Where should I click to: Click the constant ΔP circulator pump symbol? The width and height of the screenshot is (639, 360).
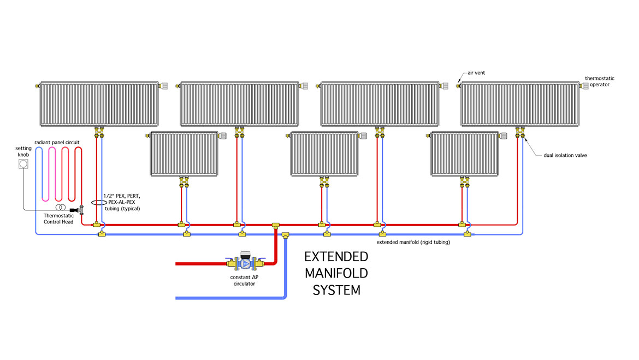[x=246, y=264]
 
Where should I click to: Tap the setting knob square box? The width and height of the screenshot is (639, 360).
[x=23, y=164]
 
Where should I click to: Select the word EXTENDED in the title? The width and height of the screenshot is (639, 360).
[x=336, y=257]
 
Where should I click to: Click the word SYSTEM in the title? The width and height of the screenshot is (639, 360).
[x=336, y=290]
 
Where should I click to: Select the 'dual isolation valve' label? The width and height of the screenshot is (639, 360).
[x=565, y=156]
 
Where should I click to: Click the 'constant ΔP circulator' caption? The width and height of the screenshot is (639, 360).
[x=245, y=280]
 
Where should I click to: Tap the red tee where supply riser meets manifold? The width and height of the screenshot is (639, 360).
[x=276, y=225]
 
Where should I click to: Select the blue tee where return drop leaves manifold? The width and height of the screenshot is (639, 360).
[x=286, y=235]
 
